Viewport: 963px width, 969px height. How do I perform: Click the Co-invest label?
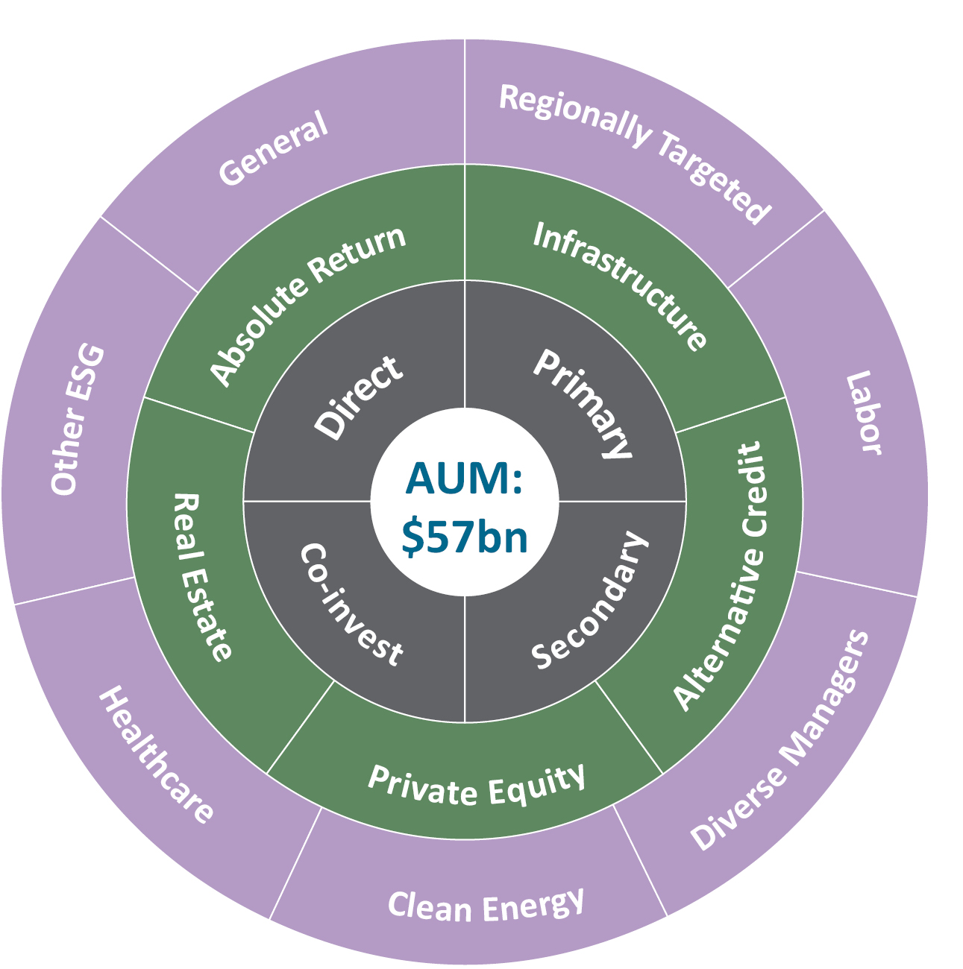point(351,605)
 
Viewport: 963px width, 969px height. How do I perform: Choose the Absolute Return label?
point(308,305)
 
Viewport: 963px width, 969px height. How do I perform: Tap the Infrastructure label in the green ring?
point(620,286)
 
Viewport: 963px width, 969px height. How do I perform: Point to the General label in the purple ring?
point(273,148)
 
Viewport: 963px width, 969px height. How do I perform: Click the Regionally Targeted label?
point(634,152)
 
